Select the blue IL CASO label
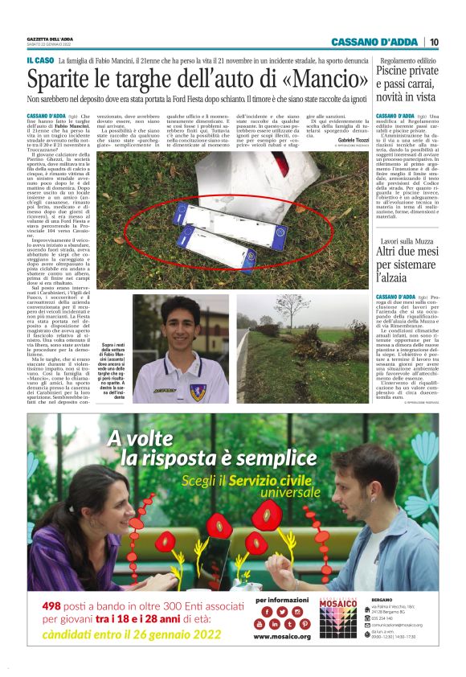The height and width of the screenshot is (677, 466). tap(39, 60)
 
